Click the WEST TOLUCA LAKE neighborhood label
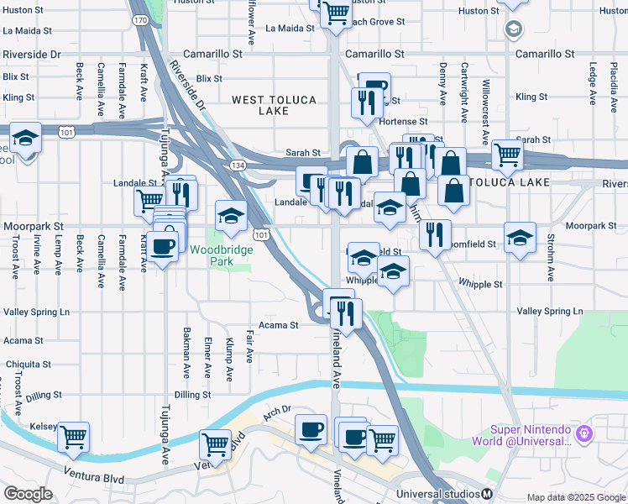274,105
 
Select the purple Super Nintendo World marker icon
585,433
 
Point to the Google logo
28,493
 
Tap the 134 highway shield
238,166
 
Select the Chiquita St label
28,365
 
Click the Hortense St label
398,122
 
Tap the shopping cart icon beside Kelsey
73,436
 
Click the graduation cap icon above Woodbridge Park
231,216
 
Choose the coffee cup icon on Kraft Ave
161,245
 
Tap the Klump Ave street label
228,359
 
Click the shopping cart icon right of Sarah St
507,153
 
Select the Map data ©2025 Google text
574,497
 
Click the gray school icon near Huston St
513,30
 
